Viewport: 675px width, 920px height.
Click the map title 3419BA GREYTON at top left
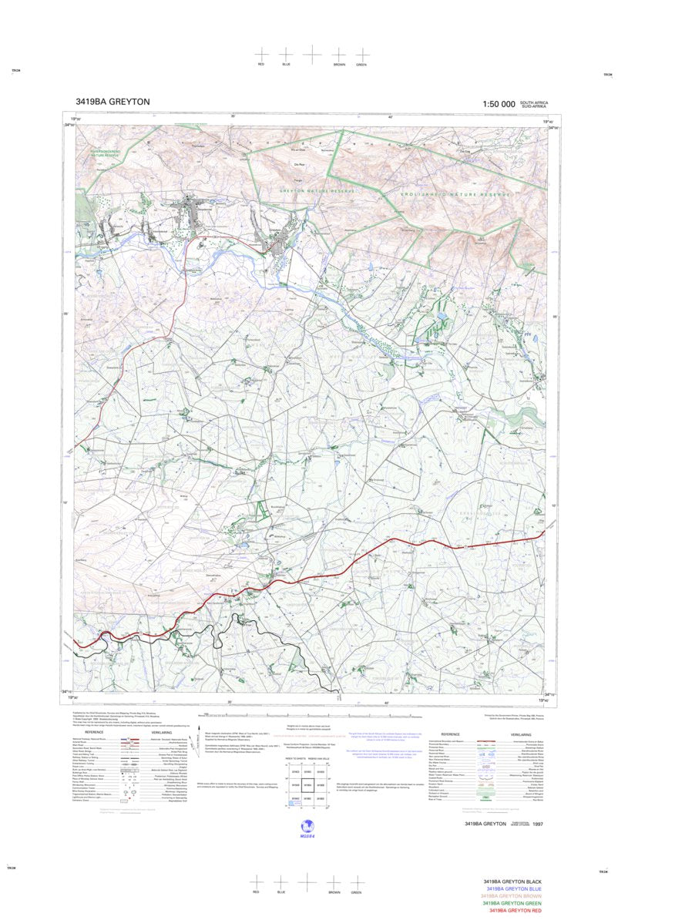tap(112, 102)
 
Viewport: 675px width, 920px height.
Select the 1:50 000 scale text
tap(499, 104)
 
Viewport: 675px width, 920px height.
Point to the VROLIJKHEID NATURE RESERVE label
tap(455, 196)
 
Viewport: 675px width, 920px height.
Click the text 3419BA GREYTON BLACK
tap(512, 881)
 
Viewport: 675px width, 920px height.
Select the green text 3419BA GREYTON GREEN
tap(512, 904)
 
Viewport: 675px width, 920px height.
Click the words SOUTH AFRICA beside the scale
tap(533, 102)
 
